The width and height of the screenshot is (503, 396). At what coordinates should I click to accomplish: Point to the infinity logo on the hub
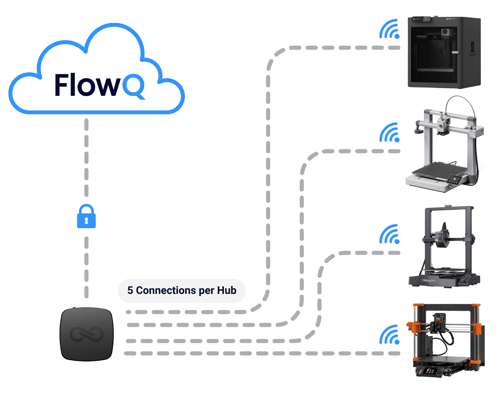pyautogui.click(x=87, y=334)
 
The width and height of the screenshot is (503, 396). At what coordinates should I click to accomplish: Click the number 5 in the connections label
pyautogui.click(x=130, y=291)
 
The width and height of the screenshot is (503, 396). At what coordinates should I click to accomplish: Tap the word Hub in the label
pyautogui.click(x=227, y=291)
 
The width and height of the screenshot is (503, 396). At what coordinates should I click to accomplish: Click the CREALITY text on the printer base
pyautogui.click(x=428, y=280)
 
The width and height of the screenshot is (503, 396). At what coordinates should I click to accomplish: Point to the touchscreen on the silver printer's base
pyautogui.click(x=454, y=179)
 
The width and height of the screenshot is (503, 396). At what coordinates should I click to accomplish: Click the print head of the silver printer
pyautogui.click(x=442, y=125)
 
